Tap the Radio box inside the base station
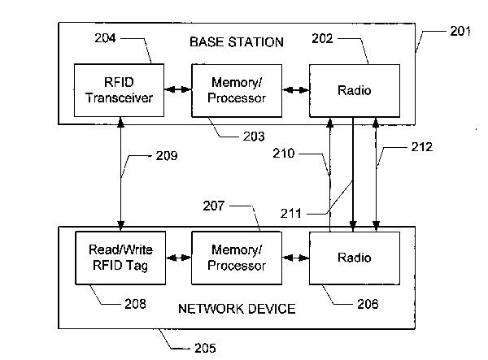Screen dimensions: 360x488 pyautogui.click(x=355, y=90)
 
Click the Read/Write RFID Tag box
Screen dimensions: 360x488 pyautogui.click(x=120, y=258)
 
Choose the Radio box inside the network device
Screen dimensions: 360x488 pyautogui.click(x=355, y=258)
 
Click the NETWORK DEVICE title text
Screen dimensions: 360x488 pyautogui.click(x=237, y=308)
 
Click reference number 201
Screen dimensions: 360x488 pyautogui.click(x=460, y=31)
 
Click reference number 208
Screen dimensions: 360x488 pyautogui.click(x=134, y=304)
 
